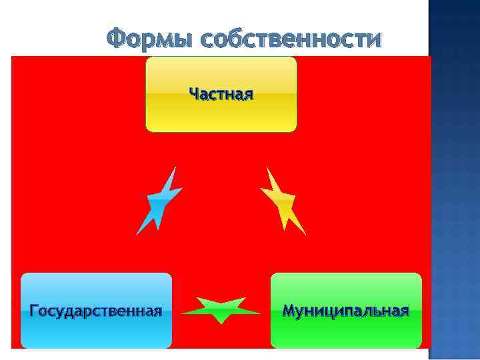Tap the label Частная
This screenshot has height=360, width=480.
(221, 93)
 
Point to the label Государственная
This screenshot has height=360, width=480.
(96, 311)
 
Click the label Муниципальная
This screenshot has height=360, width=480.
(346, 311)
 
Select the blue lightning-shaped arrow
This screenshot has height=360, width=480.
(160, 200)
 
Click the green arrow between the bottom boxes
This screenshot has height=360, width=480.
(221, 310)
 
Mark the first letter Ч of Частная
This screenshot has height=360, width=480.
(193, 93)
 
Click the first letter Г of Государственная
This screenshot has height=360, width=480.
(34, 311)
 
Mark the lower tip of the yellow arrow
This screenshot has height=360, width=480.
(305, 234)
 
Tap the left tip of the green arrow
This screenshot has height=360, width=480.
(183, 312)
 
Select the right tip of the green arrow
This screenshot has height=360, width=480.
(260, 312)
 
